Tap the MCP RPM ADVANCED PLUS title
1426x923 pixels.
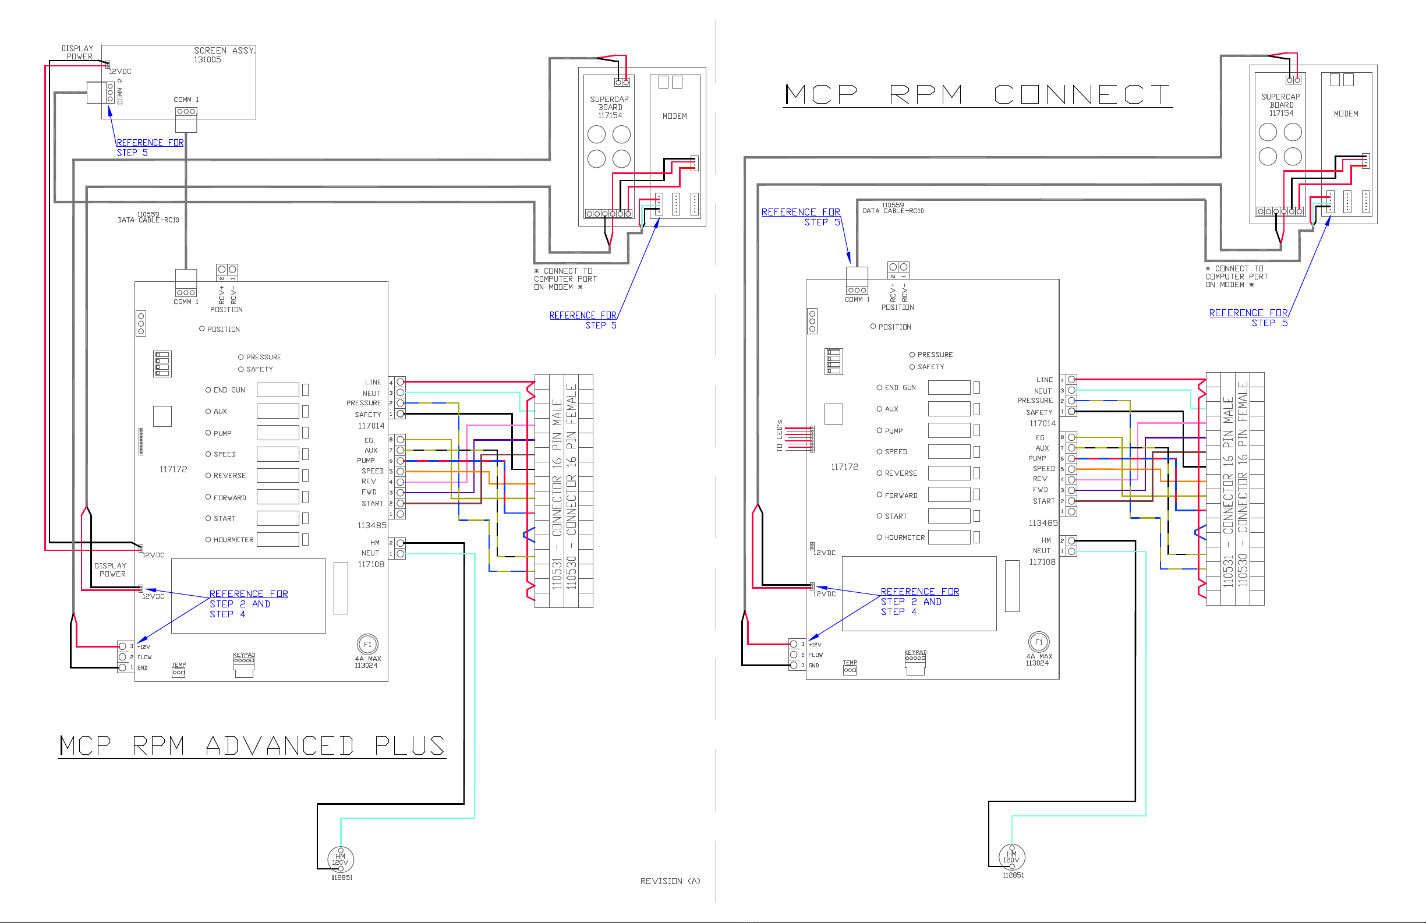pyautogui.click(x=252, y=745)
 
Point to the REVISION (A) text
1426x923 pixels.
pyautogui.click(x=670, y=880)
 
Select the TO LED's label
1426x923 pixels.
pyautogui.click(x=780, y=435)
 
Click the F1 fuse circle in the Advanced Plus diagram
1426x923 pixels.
pyautogui.click(x=367, y=644)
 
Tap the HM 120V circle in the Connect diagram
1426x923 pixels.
pyautogui.click(x=1011, y=857)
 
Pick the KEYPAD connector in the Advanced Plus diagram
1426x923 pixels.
pyautogui.click(x=244, y=660)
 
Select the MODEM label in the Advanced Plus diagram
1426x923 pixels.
pyautogui.click(x=675, y=116)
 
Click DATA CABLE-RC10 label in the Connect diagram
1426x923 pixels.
pyautogui.click(x=893, y=210)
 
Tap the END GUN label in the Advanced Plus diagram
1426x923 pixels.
pyautogui.click(x=229, y=390)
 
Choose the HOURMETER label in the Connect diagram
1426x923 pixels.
pyautogui.click(x=904, y=537)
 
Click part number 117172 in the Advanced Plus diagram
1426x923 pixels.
pyautogui.click(x=173, y=469)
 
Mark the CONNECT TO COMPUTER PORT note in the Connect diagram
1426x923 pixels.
pyautogui.click(x=1237, y=276)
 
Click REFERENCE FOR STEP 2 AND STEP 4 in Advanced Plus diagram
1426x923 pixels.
pyautogui.click(x=248, y=603)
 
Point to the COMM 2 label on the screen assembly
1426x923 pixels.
pyautogui.click(x=120, y=91)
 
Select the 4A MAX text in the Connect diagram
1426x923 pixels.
pyautogui.click(x=1039, y=656)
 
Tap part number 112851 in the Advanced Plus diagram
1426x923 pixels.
pyautogui.click(x=342, y=878)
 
